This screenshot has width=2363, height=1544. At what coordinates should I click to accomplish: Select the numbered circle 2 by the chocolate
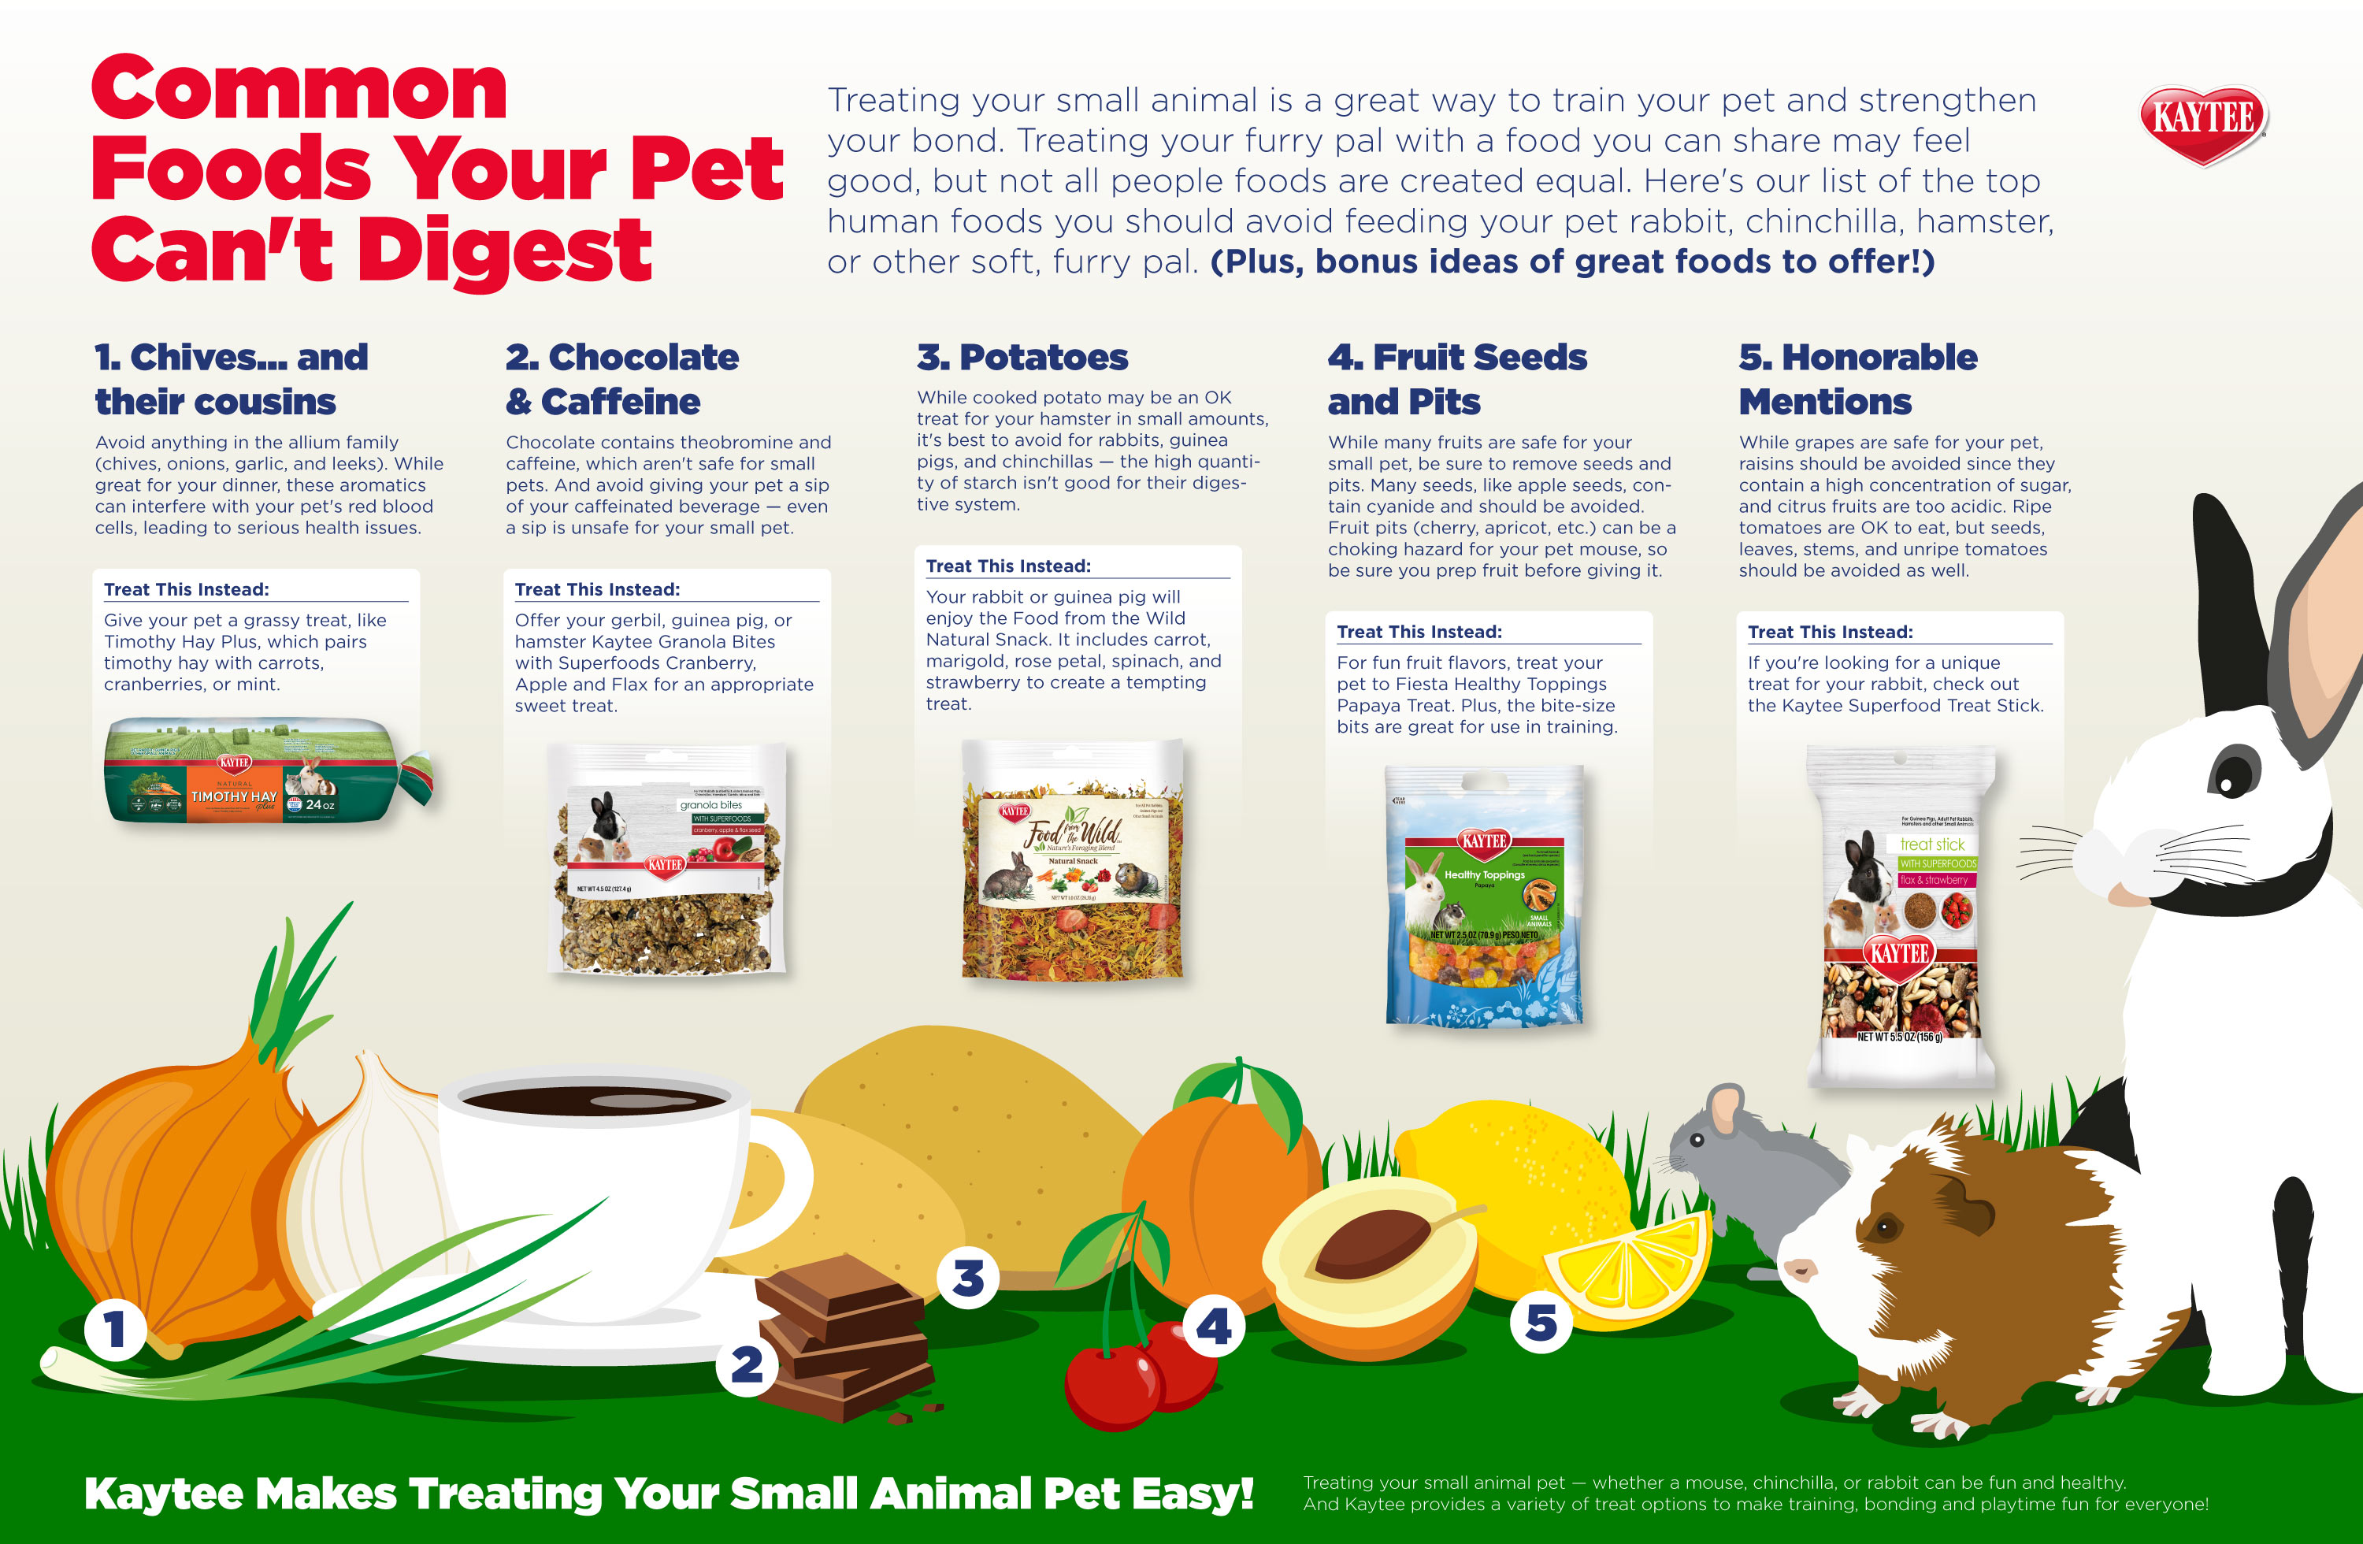747,1364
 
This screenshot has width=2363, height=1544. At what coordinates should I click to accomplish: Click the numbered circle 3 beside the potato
968,1278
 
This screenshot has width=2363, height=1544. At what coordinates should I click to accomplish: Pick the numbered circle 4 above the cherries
1213,1326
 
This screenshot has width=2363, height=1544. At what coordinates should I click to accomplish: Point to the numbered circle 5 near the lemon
1540,1322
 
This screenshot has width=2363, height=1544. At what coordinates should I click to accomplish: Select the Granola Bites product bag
668,861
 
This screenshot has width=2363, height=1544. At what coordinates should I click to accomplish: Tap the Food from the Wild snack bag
1072,861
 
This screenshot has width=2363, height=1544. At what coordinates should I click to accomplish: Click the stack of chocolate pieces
844,1335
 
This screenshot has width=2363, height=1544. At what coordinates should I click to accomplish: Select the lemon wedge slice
1628,1271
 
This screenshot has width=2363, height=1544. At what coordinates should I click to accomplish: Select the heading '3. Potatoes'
1022,358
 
